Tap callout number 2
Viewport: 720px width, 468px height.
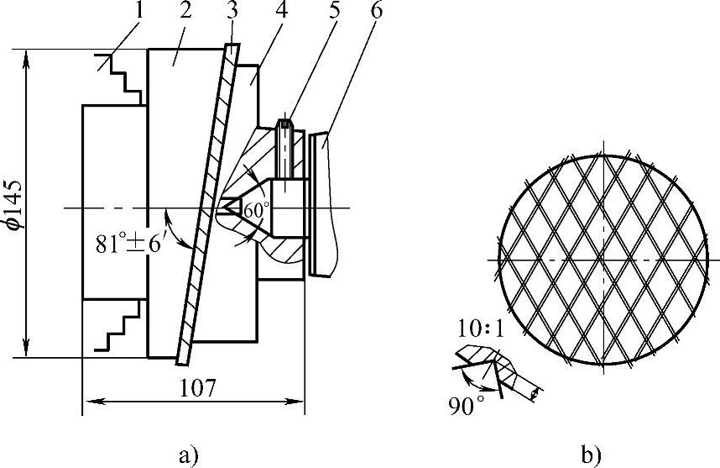(x=185, y=11)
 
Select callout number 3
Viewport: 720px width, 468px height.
(x=232, y=11)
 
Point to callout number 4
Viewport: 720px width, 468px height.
(x=282, y=11)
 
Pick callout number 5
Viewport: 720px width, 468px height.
(x=333, y=11)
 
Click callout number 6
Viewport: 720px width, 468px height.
(x=377, y=11)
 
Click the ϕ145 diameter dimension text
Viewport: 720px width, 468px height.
(x=13, y=204)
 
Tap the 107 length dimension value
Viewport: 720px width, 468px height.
(x=197, y=388)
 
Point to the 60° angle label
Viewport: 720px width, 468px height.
(x=255, y=210)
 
